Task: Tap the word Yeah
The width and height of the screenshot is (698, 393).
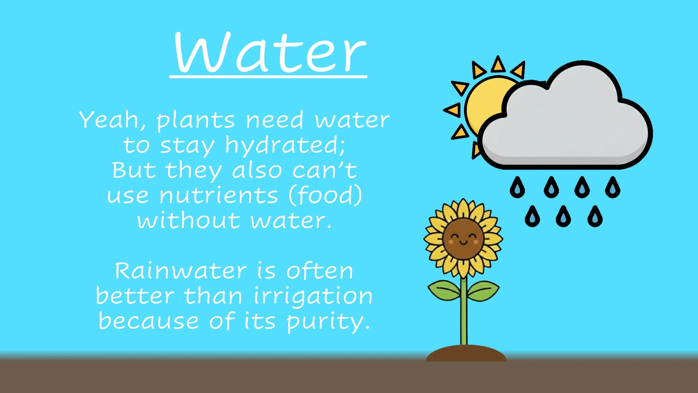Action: click(x=112, y=120)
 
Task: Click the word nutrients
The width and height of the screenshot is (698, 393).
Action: click(x=219, y=195)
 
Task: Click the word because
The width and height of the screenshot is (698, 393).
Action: click(x=149, y=321)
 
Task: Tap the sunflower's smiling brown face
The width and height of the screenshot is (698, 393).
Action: click(x=463, y=239)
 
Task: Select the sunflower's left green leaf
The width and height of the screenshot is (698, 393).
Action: click(x=444, y=290)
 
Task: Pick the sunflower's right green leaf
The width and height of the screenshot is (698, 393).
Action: click(x=483, y=290)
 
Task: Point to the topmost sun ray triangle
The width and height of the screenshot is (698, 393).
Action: click(x=498, y=64)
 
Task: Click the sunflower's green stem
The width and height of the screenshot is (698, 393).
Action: click(x=464, y=311)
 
